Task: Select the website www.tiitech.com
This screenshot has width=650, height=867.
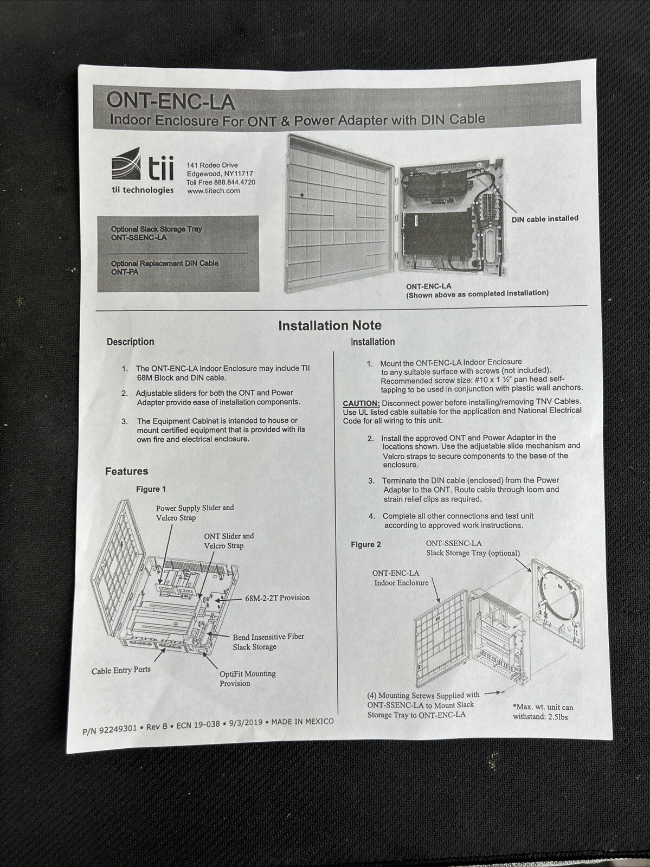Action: (213, 191)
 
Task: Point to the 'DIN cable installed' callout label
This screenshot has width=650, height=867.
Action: (544, 219)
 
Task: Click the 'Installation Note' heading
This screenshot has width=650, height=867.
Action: (330, 325)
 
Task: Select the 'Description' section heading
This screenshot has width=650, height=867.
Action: (130, 342)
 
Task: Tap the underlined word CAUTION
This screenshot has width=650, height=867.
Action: (361, 403)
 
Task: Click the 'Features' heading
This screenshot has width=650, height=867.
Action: (126, 471)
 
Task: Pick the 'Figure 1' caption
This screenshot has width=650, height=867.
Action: (151, 489)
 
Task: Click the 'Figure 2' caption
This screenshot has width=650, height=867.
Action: (366, 544)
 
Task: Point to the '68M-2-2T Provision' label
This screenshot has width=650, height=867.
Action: (277, 598)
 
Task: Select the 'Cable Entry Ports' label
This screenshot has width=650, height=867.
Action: (121, 670)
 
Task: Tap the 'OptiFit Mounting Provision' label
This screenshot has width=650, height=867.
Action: (247, 678)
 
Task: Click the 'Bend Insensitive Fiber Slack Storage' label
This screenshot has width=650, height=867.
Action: (268, 641)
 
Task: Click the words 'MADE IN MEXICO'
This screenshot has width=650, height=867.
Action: (302, 722)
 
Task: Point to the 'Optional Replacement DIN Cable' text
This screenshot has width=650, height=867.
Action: (164, 263)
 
